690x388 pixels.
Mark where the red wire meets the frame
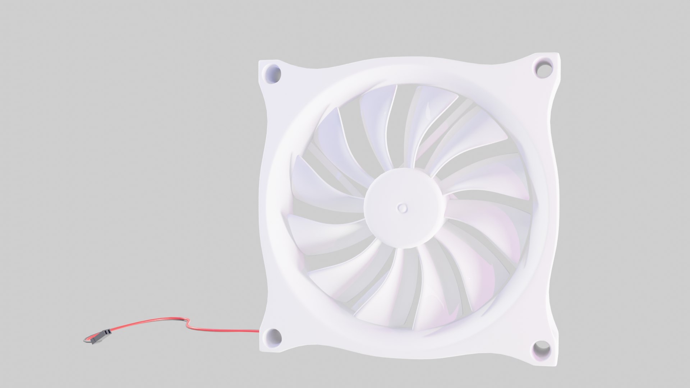coord(258,331)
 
